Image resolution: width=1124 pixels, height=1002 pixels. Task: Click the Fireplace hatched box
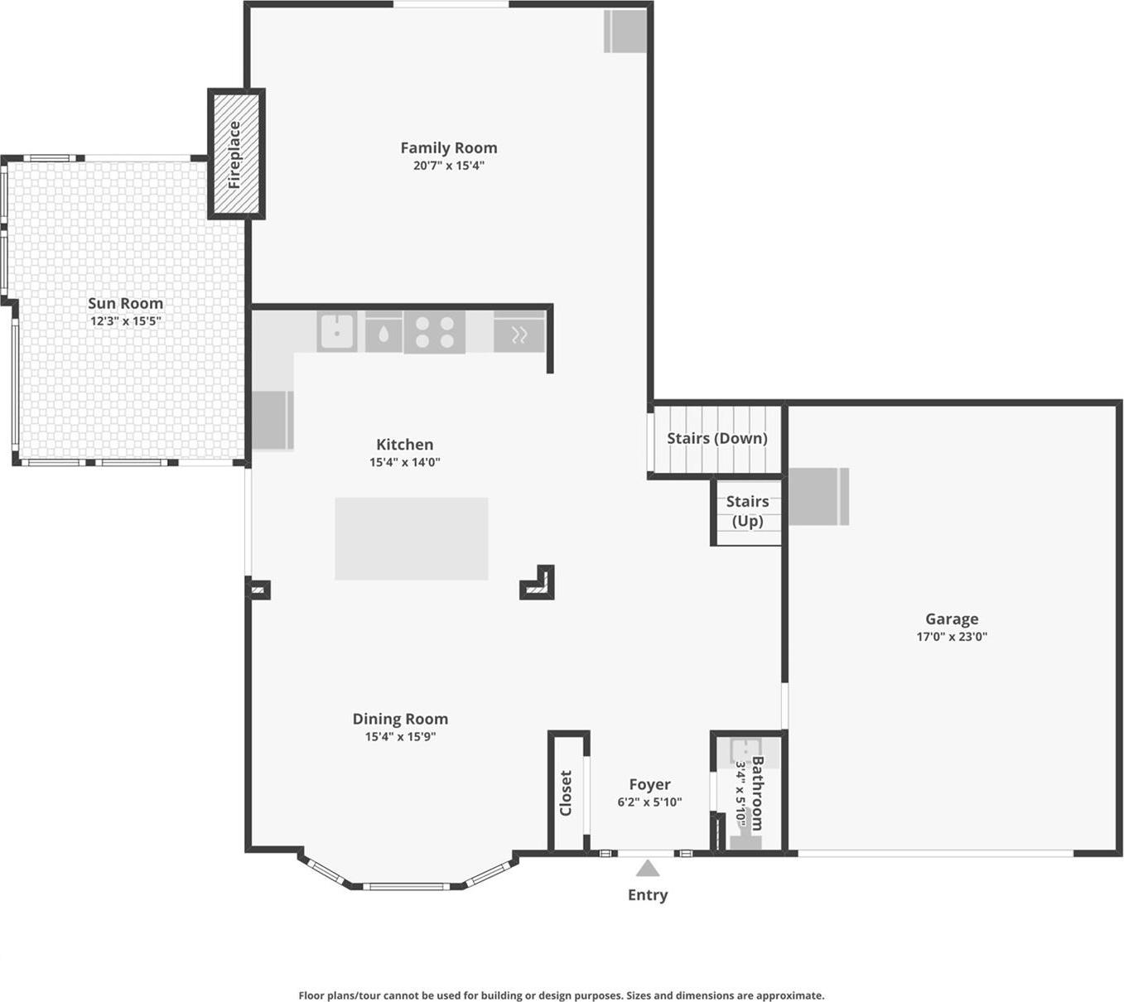coord(235,154)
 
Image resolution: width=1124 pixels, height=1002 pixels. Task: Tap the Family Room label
coord(449,148)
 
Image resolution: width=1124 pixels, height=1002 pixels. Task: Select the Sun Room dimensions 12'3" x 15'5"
coord(126,321)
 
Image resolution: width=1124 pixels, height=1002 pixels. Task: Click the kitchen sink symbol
coord(337,331)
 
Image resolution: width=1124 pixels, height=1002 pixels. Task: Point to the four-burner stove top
coord(435,332)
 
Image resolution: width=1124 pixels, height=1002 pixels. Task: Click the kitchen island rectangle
coord(412,538)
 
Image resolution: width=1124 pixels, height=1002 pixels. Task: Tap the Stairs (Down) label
coord(717,438)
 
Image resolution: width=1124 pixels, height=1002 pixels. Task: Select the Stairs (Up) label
coord(747,511)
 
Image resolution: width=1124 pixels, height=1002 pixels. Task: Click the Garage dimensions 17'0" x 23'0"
coord(952,637)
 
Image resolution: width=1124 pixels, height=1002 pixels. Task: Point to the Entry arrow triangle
coord(648,869)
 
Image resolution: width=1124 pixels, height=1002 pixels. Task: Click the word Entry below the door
coord(648,895)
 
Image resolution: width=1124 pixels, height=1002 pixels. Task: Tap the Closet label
coord(567,792)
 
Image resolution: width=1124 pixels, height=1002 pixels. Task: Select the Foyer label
coord(649,784)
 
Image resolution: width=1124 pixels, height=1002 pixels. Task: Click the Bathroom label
coord(757,792)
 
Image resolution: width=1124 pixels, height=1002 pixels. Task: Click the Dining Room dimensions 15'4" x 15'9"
coord(400,737)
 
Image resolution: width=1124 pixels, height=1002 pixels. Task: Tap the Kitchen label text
coord(404,445)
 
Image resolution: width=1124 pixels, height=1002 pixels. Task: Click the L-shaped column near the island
coord(540,585)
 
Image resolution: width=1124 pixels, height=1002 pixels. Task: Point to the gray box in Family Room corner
coord(625,31)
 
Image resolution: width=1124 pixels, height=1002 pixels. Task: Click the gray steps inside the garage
coord(818,496)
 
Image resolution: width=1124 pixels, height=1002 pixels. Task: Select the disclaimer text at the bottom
coord(562,995)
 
